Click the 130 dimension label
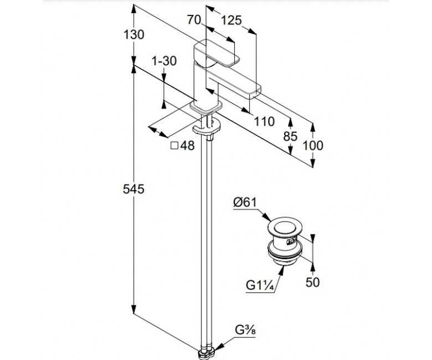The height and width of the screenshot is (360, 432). (x=133, y=35)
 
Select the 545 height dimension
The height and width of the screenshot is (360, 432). (x=133, y=189)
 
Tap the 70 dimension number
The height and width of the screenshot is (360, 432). (x=194, y=20)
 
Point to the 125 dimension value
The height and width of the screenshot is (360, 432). (x=232, y=20)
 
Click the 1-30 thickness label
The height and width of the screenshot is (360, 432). (x=164, y=61)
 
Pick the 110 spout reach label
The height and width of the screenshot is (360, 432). (x=264, y=121)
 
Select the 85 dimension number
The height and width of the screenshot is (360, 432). (x=290, y=136)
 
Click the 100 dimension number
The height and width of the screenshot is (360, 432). (x=313, y=146)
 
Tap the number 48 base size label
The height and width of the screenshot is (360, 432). (x=187, y=146)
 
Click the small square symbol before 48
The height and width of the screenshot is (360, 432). (x=174, y=146)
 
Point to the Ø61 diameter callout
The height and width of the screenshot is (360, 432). (x=245, y=203)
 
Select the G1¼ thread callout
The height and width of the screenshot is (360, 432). (x=260, y=285)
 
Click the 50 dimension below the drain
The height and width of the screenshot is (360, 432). (x=312, y=282)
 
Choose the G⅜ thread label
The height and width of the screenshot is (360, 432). (x=245, y=330)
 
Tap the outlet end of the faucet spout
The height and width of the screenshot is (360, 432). (x=255, y=93)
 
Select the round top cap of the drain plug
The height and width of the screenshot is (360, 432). (x=285, y=227)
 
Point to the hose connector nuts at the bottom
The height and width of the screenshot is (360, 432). (x=207, y=353)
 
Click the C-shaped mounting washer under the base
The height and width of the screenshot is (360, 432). (x=207, y=127)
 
